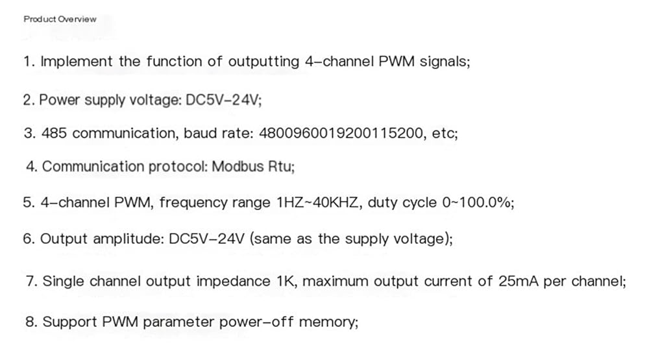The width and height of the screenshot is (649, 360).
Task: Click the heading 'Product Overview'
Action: (x=60, y=19)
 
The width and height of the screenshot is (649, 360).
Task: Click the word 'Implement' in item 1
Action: (x=77, y=62)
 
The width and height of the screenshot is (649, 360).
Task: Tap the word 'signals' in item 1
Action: (x=443, y=62)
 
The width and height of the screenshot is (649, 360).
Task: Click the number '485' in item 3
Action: (x=55, y=133)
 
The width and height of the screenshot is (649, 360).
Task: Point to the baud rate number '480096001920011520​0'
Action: (x=341, y=133)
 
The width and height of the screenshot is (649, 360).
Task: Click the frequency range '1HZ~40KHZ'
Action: (x=317, y=202)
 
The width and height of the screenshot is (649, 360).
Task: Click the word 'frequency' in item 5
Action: (x=193, y=203)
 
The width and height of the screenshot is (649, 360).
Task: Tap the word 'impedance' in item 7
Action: (x=234, y=282)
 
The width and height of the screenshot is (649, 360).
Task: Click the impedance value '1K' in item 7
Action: (x=285, y=282)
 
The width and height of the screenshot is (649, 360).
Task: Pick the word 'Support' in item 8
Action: (x=69, y=322)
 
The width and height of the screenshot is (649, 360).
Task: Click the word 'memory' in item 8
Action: (x=326, y=322)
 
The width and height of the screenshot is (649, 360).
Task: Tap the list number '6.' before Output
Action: (x=29, y=239)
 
